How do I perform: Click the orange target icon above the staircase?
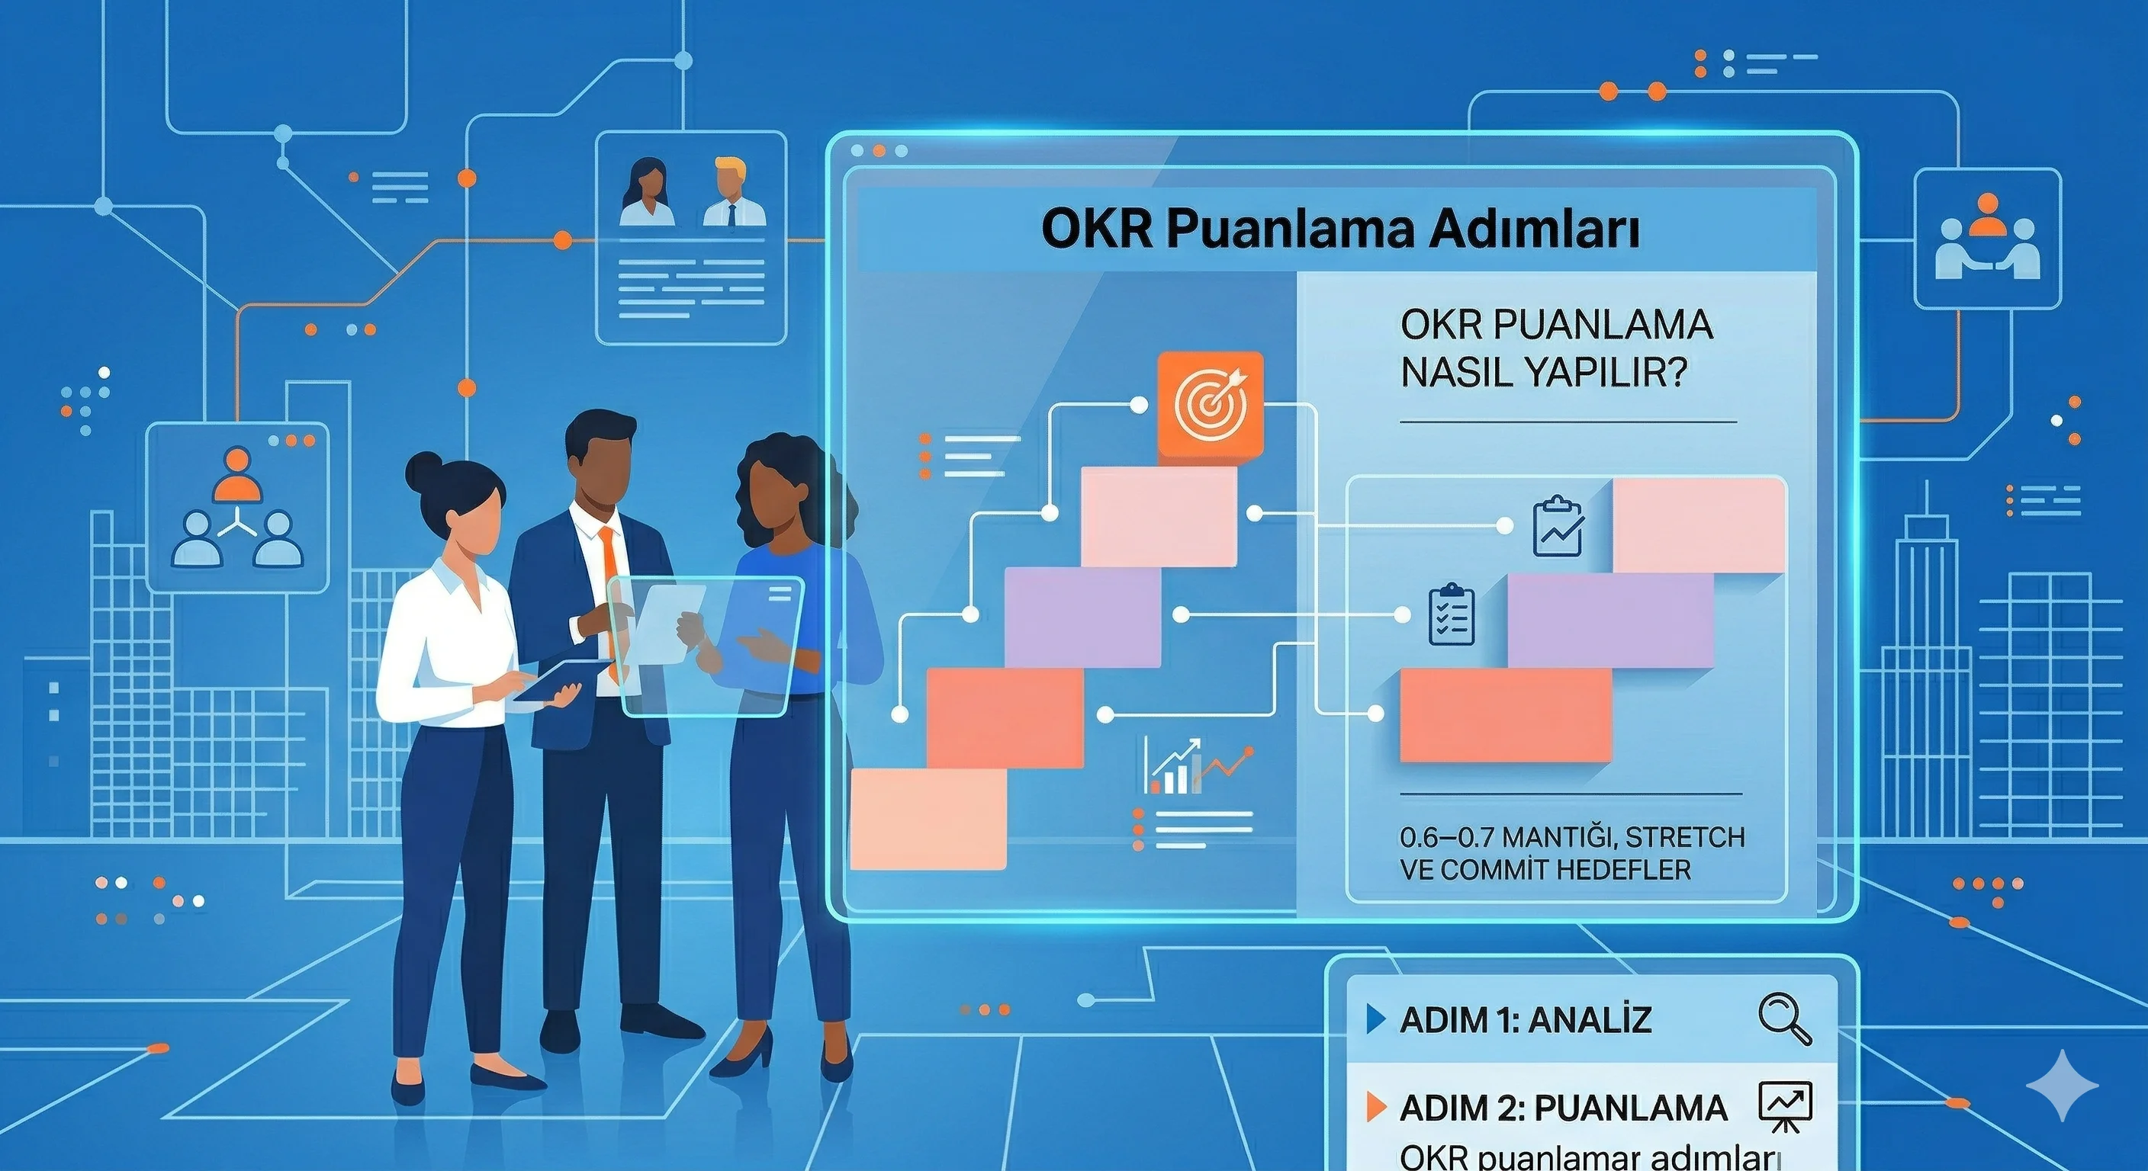(x=1210, y=405)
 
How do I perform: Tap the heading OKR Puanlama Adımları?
(x=1340, y=229)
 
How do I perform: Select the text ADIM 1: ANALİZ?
(x=1525, y=1020)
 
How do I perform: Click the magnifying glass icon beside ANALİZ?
(x=1783, y=1019)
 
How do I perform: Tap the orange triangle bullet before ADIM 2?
(x=1377, y=1107)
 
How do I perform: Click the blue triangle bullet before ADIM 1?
(x=1376, y=1019)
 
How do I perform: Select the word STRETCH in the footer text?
(x=1684, y=837)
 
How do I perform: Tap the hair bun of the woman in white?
(x=423, y=473)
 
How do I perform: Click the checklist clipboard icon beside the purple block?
(x=1452, y=615)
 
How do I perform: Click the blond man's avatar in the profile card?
(x=732, y=194)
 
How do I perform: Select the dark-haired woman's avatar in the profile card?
(x=647, y=194)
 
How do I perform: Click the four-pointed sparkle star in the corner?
(x=2062, y=1084)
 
